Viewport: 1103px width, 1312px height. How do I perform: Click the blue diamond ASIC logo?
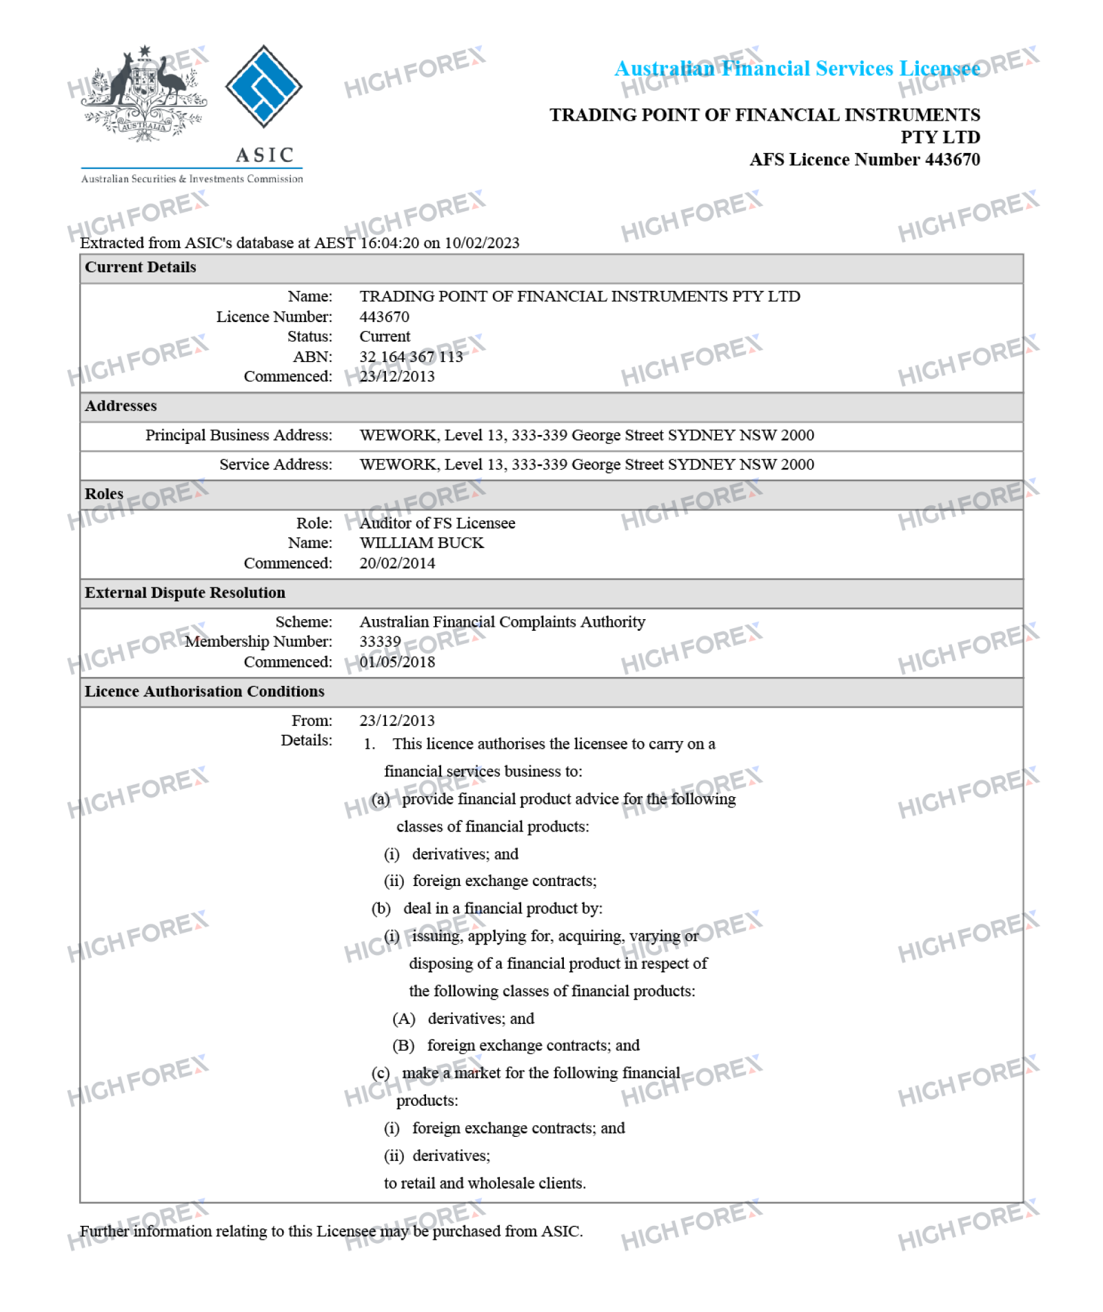pyautogui.click(x=263, y=86)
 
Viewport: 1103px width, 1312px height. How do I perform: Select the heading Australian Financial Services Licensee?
pyautogui.click(x=796, y=68)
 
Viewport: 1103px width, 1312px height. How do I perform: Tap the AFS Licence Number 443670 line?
pyautogui.click(x=864, y=159)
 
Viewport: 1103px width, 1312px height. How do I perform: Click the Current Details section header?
pyautogui.click(x=141, y=268)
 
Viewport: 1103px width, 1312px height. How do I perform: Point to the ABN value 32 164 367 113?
pyautogui.click(x=411, y=356)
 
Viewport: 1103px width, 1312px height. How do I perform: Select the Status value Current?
pyautogui.click(x=385, y=336)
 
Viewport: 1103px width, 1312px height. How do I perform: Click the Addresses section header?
pyautogui.click(x=121, y=406)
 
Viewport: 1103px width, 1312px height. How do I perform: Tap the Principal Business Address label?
pyautogui.click(x=239, y=435)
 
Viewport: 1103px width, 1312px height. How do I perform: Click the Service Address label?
pyautogui.click(x=276, y=465)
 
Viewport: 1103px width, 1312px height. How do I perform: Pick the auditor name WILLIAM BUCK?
pyautogui.click(x=421, y=543)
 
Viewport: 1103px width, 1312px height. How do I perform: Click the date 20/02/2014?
pyautogui.click(x=397, y=563)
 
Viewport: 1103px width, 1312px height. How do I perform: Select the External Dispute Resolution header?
pyautogui.click(x=185, y=593)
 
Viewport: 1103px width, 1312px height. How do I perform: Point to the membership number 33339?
pyautogui.click(x=380, y=642)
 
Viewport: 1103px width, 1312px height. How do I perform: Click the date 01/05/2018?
pyautogui.click(x=397, y=662)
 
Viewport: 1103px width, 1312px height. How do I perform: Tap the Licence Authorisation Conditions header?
pyautogui.click(x=204, y=692)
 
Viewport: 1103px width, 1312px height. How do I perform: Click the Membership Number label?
pyautogui.click(x=259, y=642)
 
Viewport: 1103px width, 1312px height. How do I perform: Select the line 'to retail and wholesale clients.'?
pyautogui.click(x=485, y=1183)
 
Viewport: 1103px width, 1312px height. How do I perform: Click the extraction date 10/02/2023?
pyautogui.click(x=482, y=243)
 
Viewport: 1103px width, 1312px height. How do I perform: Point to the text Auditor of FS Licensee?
pyautogui.click(x=437, y=523)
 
